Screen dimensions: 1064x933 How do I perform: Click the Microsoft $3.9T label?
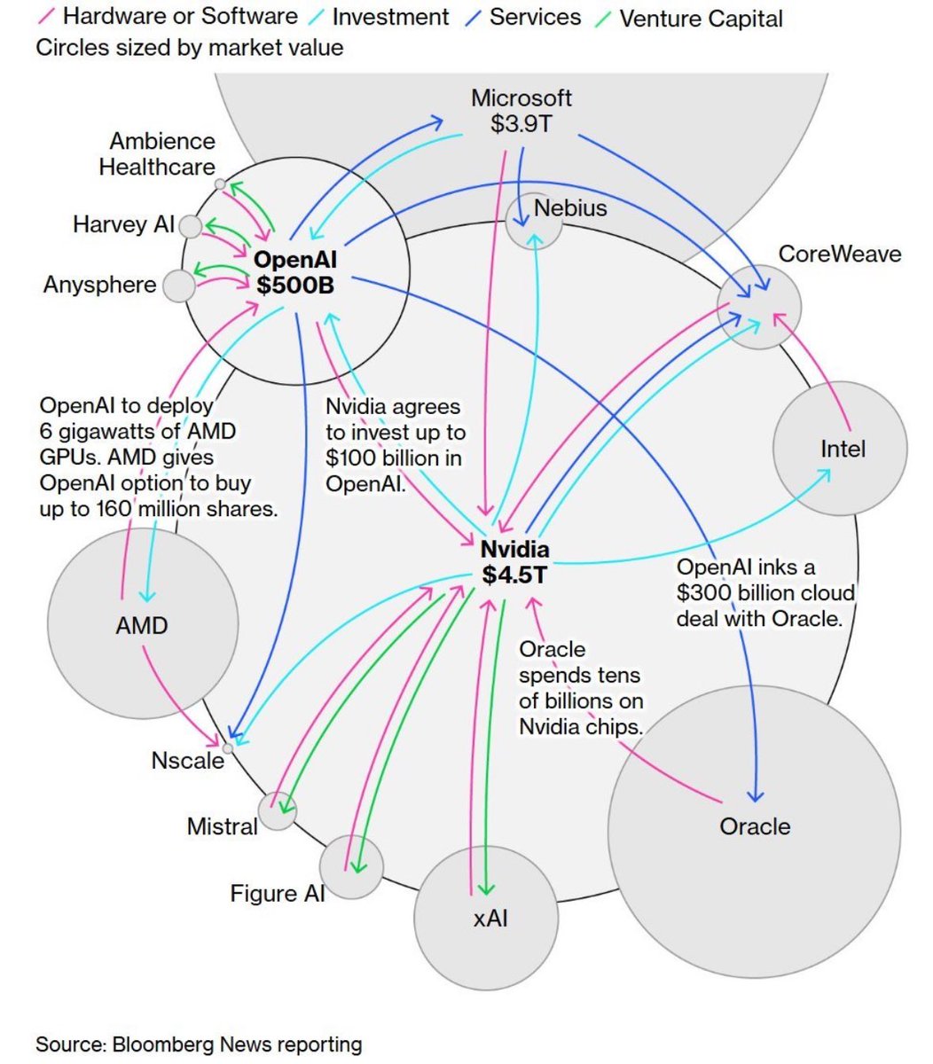[521, 111]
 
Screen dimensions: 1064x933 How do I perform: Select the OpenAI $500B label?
[295, 272]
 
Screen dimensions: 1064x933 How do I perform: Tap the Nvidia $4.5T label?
[514, 562]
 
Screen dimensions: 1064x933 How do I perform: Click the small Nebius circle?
[534, 220]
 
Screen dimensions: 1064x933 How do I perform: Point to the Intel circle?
[840, 449]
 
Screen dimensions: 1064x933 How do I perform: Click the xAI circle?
[487, 918]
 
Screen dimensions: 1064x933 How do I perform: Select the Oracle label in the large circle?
[754, 826]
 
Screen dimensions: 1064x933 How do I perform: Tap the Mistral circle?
[278, 810]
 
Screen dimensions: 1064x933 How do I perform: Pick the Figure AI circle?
[351, 866]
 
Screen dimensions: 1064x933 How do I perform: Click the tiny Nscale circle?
[228, 748]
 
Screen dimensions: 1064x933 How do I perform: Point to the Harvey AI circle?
[190, 226]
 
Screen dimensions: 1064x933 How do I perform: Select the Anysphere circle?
[179, 286]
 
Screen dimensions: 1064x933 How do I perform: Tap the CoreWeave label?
[839, 254]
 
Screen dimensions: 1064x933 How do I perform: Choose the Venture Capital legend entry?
[701, 19]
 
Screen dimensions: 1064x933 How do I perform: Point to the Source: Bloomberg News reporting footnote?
[199, 1044]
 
